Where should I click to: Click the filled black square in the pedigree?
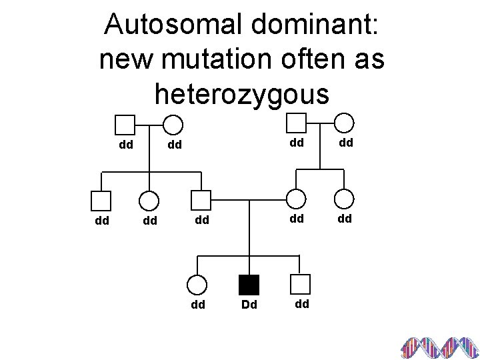point(248,285)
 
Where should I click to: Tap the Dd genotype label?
point(248,306)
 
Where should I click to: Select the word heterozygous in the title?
point(241,93)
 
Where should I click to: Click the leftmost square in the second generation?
point(101,200)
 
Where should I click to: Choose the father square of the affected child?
point(200,200)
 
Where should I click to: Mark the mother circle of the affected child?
point(296,199)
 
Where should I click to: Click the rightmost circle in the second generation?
point(344,199)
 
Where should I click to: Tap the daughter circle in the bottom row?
point(197,285)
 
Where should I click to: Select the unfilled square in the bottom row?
point(301,285)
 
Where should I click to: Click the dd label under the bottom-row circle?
point(198,306)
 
